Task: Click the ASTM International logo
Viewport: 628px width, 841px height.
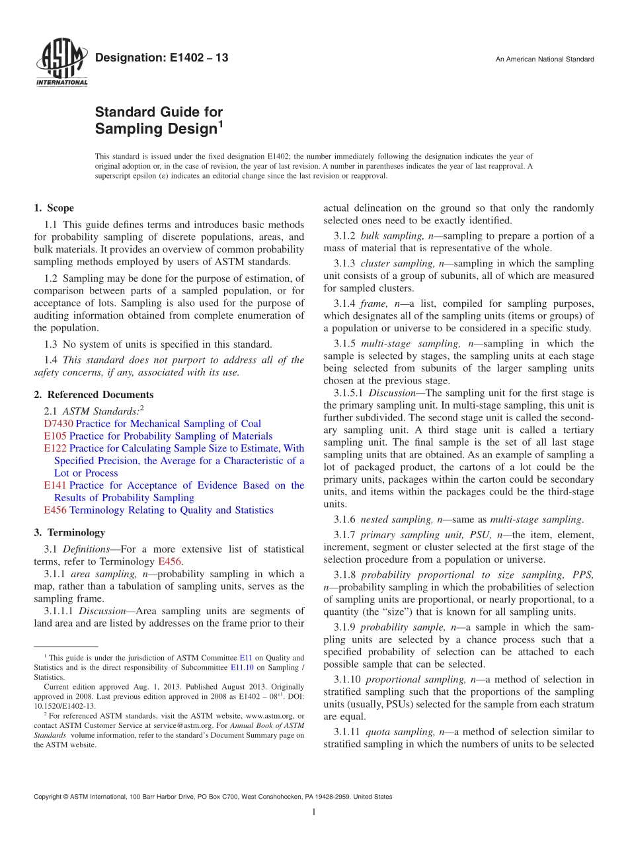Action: click(61, 62)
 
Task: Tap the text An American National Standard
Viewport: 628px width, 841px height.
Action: click(544, 60)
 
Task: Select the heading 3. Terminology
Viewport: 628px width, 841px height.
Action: click(69, 532)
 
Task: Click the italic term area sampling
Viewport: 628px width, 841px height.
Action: click(105, 574)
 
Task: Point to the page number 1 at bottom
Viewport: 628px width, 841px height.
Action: click(314, 812)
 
